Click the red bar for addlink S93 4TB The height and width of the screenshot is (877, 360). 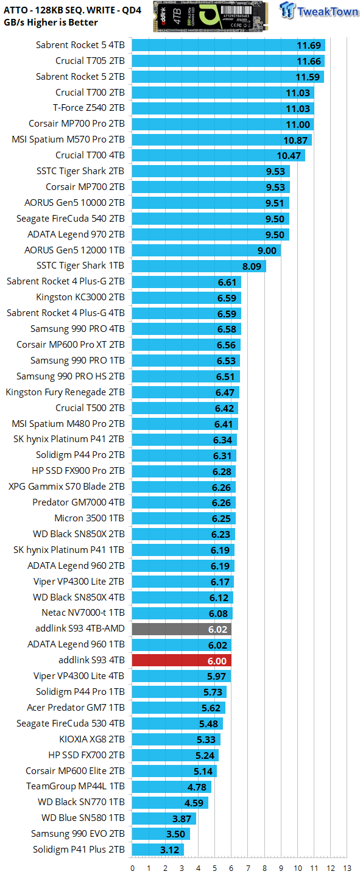tap(182, 660)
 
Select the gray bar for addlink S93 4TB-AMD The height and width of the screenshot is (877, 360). tap(182, 629)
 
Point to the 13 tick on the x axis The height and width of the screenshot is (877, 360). tap(347, 868)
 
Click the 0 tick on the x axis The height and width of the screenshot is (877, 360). tap(133, 868)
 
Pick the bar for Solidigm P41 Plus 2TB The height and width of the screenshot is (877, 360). tap(158, 850)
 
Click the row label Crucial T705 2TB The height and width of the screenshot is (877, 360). tap(90, 61)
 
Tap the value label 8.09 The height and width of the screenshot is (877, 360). tap(253, 266)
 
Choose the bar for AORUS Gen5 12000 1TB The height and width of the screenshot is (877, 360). tap(206, 250)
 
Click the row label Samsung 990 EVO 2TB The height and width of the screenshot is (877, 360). tap(78, 834)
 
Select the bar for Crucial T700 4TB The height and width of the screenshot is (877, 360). tap(219, 155)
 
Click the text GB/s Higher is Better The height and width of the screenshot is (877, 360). tap(51, 23)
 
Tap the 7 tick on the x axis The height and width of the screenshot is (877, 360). tap(248, 868)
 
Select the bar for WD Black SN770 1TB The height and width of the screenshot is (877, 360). tap(170, 802)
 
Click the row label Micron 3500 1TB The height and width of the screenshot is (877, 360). tap(90, 518)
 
